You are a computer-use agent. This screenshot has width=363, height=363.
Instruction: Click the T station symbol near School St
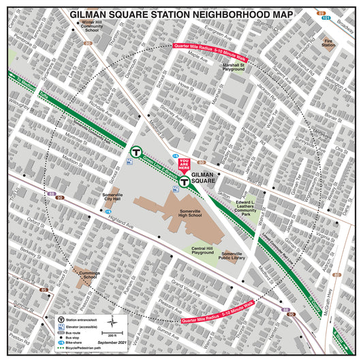136,151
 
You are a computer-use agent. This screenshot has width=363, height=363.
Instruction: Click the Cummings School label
91,274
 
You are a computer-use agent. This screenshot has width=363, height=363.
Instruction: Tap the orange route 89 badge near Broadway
321,13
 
